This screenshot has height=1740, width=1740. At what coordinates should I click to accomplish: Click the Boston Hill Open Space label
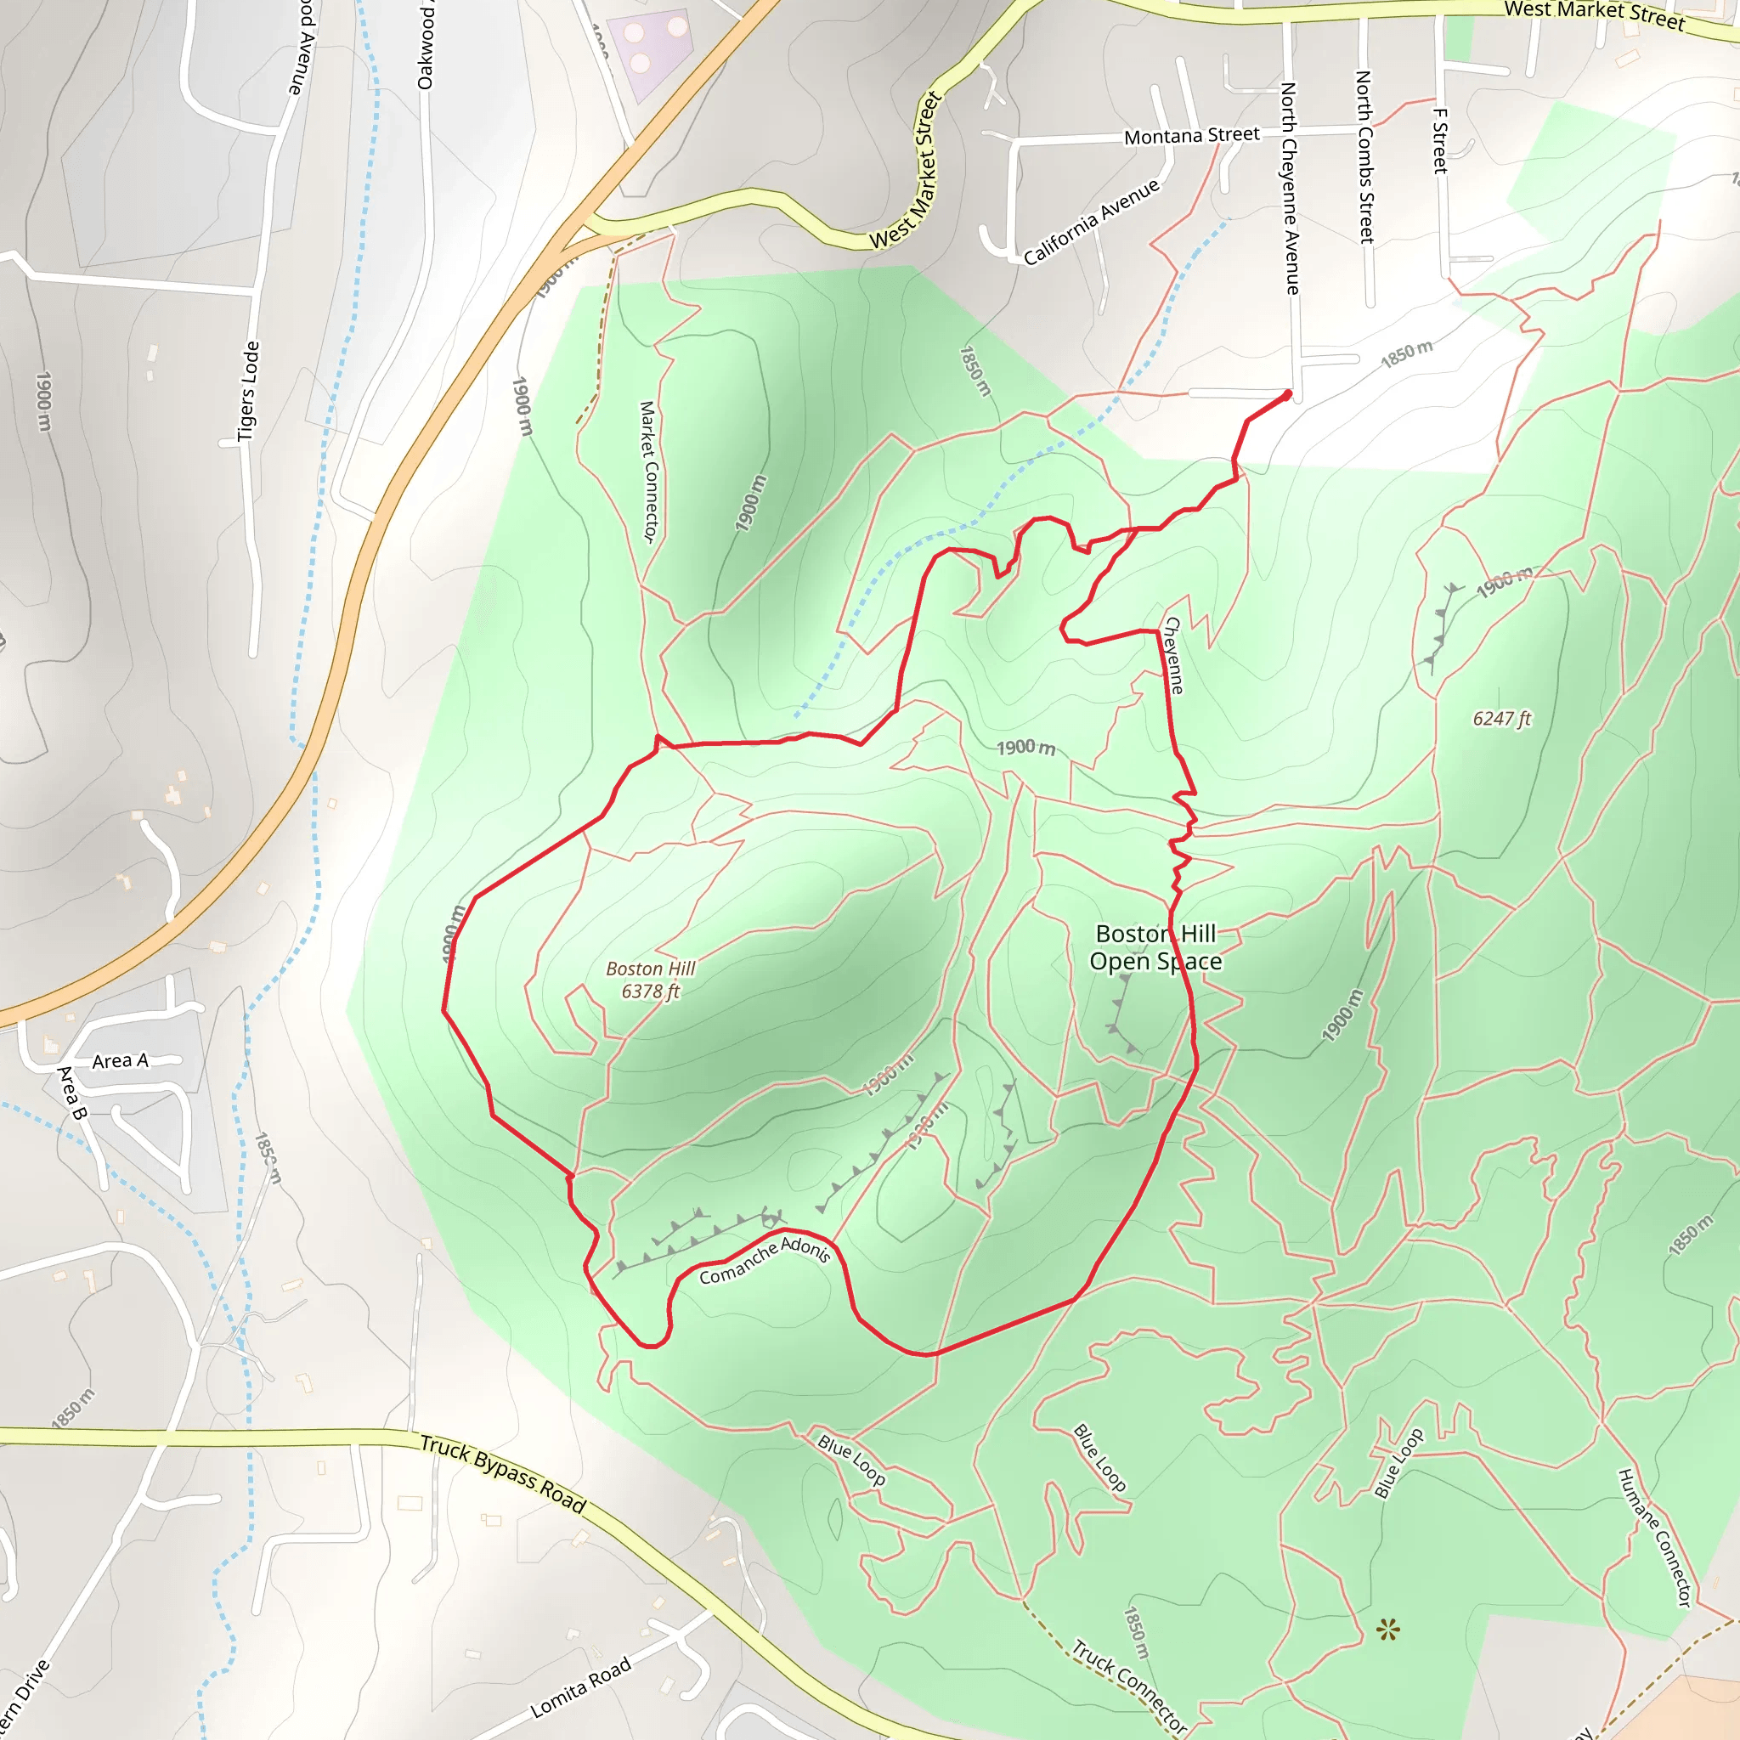1155,947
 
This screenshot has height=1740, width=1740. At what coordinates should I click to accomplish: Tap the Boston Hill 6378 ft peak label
650,980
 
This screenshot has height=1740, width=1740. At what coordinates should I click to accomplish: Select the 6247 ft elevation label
1501,719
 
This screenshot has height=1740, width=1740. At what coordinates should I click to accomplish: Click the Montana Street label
1191,136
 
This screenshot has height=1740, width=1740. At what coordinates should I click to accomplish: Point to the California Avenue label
1092,223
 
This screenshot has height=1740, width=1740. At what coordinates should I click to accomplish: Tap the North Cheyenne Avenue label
1290,189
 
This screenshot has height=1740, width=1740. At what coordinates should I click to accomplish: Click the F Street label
1439,140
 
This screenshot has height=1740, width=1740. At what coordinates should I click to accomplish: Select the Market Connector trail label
649,471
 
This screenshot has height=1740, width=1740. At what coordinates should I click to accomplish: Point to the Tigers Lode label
248,391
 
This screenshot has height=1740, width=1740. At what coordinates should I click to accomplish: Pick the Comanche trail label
737,1264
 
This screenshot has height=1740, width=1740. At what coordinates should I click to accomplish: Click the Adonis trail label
805,1248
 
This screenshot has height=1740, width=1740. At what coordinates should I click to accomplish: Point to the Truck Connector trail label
1129,1686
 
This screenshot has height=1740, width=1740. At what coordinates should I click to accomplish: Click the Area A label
120,1061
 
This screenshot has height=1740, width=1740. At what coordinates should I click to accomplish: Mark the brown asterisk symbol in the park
1388,1629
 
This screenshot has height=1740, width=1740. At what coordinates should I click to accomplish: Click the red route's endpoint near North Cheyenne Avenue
1287,394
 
